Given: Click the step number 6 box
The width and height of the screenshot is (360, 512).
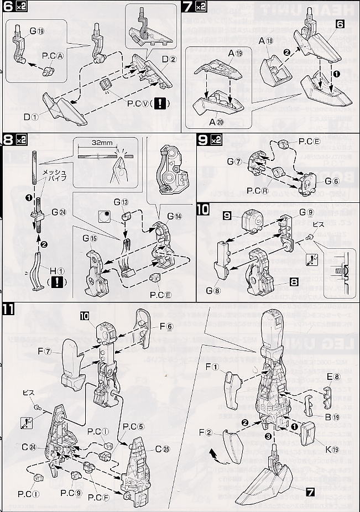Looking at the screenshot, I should pyautogui.click(x=8, y=9).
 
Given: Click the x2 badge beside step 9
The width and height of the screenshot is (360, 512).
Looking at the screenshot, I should pyautogui.click(x=215, y=140).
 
